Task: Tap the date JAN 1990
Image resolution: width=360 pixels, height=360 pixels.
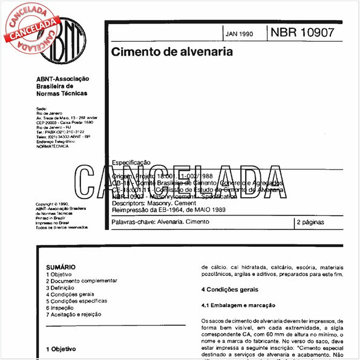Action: pyautogui.click(x=240, y=34)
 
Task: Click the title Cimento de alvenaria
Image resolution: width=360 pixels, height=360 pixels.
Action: pyautogui.click(x=171, y=52)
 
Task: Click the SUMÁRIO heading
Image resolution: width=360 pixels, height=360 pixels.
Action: pyautogui.click(x=61, y=266)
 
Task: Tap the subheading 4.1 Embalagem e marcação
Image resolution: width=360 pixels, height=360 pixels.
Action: pyautogui.click(x=238, y=306)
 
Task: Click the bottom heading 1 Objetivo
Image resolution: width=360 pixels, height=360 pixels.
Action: pyautogui.click(x=63, y=349)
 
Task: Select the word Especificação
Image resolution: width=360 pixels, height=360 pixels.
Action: pyautogui.click(x=131, y=162)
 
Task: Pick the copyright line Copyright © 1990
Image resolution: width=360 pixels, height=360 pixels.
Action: pyautogui.click(x=53, y=205)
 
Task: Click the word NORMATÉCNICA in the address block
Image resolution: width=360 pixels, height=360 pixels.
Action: pyautogui.click(x=53, y=146)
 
